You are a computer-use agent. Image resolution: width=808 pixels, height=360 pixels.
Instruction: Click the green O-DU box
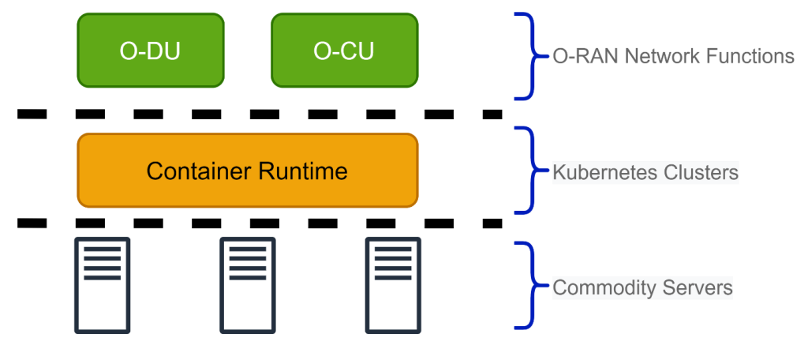click(x=151, y=51)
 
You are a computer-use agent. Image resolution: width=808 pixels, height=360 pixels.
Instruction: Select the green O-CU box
click(x=345, y=51)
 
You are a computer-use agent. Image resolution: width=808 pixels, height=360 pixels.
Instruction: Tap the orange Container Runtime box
click(x=247, y=171)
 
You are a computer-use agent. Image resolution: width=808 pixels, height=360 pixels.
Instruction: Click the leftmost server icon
click(x=102, y=285)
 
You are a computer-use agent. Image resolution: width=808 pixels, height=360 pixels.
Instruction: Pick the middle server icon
click(x=248, y=285)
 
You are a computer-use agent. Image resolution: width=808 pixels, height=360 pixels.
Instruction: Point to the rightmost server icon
click(x=393, y=285)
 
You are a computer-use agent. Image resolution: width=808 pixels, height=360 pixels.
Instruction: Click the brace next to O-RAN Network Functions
click(x=532, y=56)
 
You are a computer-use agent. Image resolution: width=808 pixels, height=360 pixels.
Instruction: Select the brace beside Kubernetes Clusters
click(x=532, y=171)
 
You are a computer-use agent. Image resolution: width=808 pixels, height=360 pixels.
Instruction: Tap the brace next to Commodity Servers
click(x=532, y=285)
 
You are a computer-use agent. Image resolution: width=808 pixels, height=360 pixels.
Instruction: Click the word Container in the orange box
click(x=200, y=171)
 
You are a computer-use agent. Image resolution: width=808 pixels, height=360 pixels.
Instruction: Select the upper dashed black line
click(x=260, y=114)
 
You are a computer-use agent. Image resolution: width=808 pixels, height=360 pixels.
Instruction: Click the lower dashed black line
click(x=260, y=223)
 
